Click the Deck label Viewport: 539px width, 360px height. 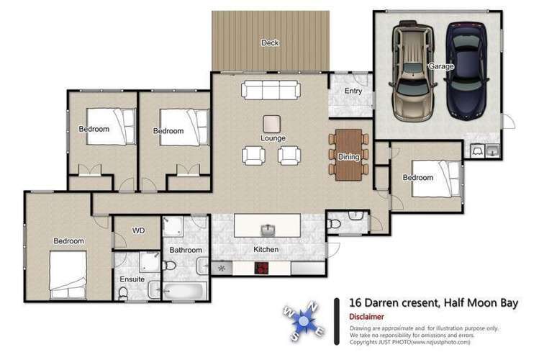pos(270,43)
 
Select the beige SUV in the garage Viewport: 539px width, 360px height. pos(412,72)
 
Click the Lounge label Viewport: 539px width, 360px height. pos(273,138)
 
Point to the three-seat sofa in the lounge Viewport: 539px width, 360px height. pos(271,90)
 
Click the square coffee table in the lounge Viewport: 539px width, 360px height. pos(273,123)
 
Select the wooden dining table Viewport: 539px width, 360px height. pos(348,154)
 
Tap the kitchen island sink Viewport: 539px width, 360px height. pos(268,230)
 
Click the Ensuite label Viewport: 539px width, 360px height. pos(132,279)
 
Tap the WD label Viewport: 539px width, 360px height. pos(140,231)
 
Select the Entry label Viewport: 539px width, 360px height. pos(353,91)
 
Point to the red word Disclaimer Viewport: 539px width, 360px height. pos(366,317)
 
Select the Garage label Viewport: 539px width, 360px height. pos(441,66)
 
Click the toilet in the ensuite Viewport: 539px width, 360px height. pos(123,293)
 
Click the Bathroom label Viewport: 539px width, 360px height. pos(184,250)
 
